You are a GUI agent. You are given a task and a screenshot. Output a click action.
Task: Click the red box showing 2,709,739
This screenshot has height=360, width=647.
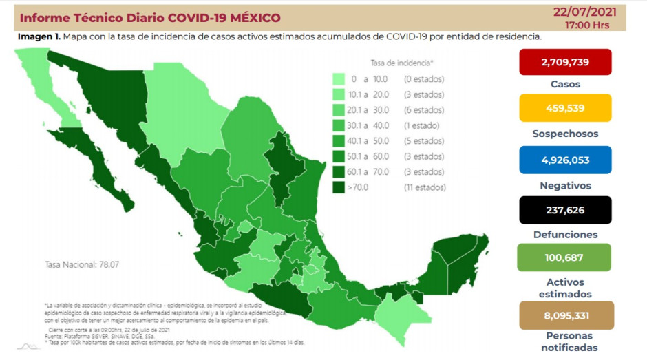click(565, 62)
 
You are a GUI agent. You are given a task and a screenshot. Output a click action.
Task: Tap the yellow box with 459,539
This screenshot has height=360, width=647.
click(565, 108)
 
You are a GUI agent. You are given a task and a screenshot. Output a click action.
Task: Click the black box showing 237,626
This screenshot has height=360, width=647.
click(565, 209)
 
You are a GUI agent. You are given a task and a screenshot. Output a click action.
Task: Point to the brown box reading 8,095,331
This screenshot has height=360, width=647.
click(565, 315)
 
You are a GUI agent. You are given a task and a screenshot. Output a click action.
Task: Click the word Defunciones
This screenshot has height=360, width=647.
click(565, 234)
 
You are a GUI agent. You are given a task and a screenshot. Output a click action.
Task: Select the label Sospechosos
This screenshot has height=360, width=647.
click(565, 134)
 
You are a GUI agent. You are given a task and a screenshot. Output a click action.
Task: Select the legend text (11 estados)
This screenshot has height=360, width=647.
click(425, 187)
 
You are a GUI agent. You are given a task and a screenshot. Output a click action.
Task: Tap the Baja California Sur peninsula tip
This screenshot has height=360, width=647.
click(127, 204)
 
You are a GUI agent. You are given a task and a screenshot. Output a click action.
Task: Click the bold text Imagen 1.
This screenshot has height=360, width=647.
click(38, 36)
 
